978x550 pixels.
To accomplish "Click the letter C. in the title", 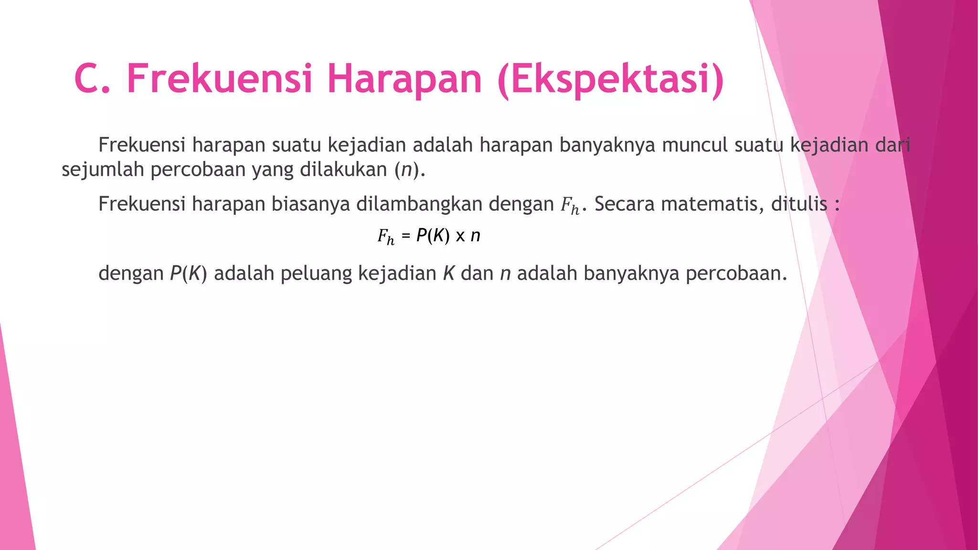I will tap(93, 79).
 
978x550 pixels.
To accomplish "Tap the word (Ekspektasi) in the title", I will tap(610, 80).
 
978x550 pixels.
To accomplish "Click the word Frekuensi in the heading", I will tap(220, 79).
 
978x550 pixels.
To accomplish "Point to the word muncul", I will tap(695, 145).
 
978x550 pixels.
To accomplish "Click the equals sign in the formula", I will tap(406, 235).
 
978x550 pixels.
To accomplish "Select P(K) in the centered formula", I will tap(433, 235).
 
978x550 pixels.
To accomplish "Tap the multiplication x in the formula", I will tap(460, 236).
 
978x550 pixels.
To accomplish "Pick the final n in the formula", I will tap(475, 236).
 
